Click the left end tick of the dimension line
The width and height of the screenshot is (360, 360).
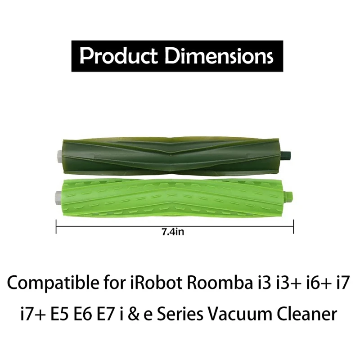click(x=56, y=226)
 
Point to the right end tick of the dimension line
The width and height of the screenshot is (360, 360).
click(x=293, y=226)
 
